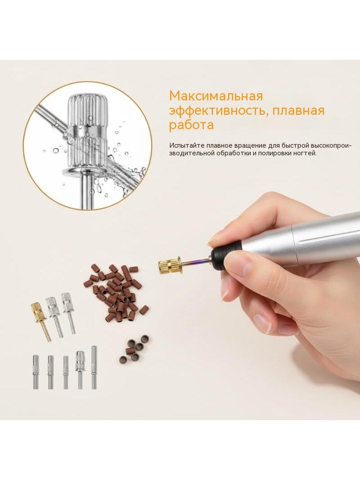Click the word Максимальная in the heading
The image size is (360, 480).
(x=216, y=96)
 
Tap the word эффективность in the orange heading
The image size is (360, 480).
(x=219, y=110)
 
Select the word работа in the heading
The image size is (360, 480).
(x=191, y=125)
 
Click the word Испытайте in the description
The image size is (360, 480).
(x=187, y=145)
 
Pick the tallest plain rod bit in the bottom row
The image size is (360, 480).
(x=94, y=367)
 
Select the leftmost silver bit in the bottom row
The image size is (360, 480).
(x=36, y=371)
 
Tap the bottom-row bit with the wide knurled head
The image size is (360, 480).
(x=80, y=369)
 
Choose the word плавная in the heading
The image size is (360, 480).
(x=298, y=110)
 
